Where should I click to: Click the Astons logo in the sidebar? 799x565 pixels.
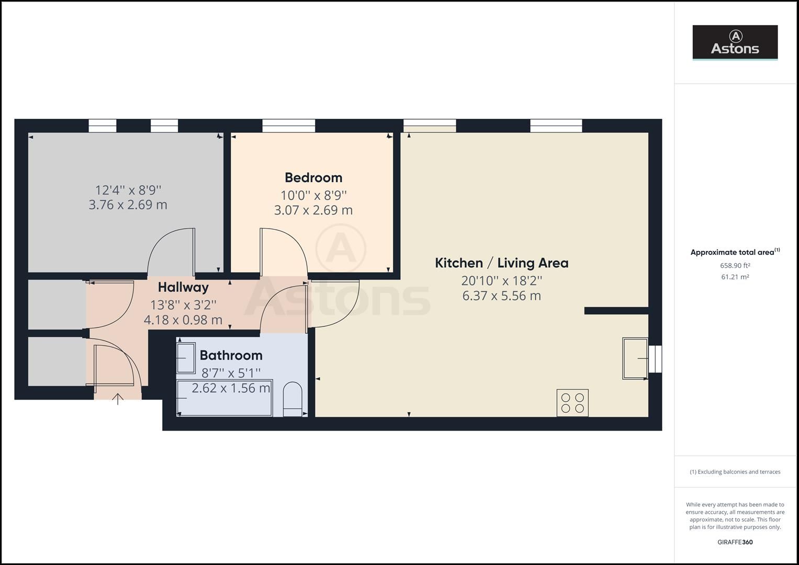coord(735,42)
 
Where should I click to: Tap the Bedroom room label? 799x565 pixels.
coord(313,177)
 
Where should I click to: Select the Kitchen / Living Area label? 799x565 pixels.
coord(501,263)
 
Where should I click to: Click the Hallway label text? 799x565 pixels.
coord(183,287)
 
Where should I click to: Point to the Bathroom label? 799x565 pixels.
coord(231,355)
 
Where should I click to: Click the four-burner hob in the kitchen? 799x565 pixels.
coord(572,403)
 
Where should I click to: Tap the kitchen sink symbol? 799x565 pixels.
coord(635,358)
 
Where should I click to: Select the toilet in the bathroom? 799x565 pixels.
coord(292,399)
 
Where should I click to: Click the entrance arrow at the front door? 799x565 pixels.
coord(118,399)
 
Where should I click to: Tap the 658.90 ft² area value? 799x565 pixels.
coord(735,265)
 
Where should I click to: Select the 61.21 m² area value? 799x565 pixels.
coord(735,277)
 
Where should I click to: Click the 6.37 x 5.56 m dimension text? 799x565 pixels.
coord(501,296)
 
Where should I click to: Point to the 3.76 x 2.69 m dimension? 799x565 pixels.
coord(128,205)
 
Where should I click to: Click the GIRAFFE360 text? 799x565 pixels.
coord(735,542)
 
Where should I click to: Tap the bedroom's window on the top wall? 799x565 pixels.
coord(289,126)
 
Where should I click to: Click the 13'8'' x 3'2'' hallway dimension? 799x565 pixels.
coord(183,304)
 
